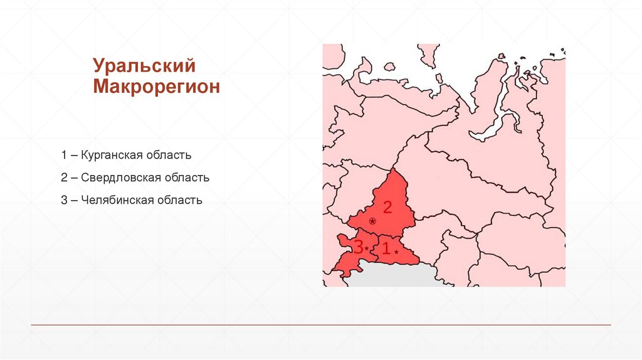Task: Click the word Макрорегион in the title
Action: pyautogui.click(x=157, y=87)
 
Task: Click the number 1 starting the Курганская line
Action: pyautogui.click(x=64, y=154)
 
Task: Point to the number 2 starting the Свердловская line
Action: pyautogui.click(x=64, y=177)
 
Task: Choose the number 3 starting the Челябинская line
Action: pyautogui.click(x=64, y=201)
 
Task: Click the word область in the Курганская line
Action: pyautogui.click(x=169, y=154)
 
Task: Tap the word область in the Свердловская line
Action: pyautogui.click(x=187, y=177)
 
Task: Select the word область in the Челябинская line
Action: pyautogui.click(x=180, y=201)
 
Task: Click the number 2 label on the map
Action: pyautogui.click(x=387, y=207)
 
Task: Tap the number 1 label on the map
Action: pyautogui.click(x=386, y=248)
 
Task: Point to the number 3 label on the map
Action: pyautogui.click(x=358, y=248)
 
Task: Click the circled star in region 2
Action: pyautogui.click(x=372, y=221)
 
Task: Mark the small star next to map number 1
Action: pyautogui.click(x=396, y=251)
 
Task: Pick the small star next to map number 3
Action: pyautogui.click(x=367, y=250)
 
